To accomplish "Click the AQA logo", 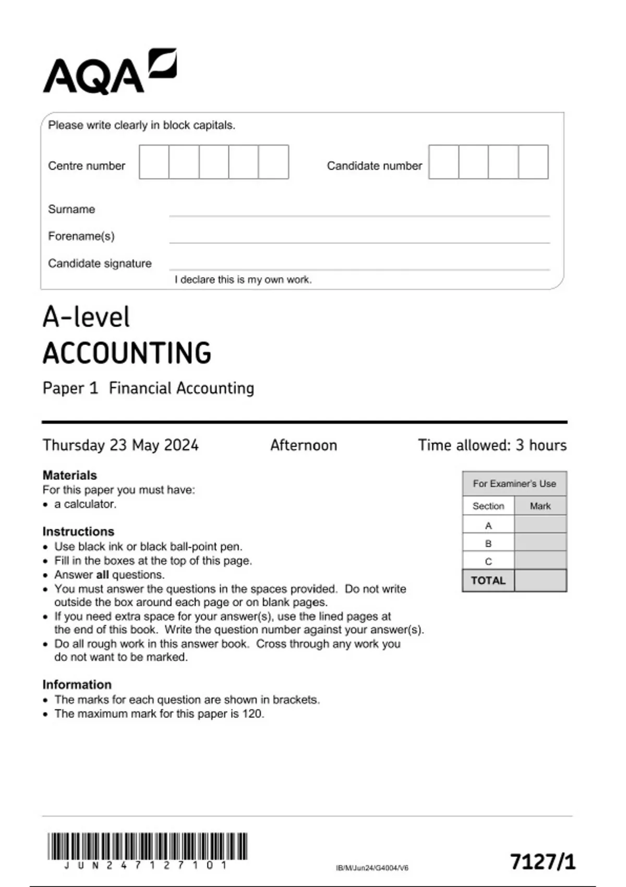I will coord(110,72).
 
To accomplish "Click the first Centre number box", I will coord(154,162).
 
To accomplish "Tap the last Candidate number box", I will coord(533,162).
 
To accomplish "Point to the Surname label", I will coord(71,209).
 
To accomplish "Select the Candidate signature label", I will coord(100,263).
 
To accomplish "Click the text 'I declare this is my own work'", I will coord(243,280).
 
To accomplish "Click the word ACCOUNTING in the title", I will coord(127,353).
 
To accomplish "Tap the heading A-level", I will coord(86,317).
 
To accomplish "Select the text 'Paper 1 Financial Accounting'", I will coord(148,388).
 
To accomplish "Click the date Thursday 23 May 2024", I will coord(121,445).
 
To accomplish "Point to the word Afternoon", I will coord(304,445).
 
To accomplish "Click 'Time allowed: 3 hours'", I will coord(492,445).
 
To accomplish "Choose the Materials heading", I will coord(69,475).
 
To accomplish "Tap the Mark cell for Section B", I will coord(540,543).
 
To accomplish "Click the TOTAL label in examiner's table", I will coord(488,581).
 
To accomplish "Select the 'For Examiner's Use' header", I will coord(514,484).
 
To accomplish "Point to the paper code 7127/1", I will coord(543,861).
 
